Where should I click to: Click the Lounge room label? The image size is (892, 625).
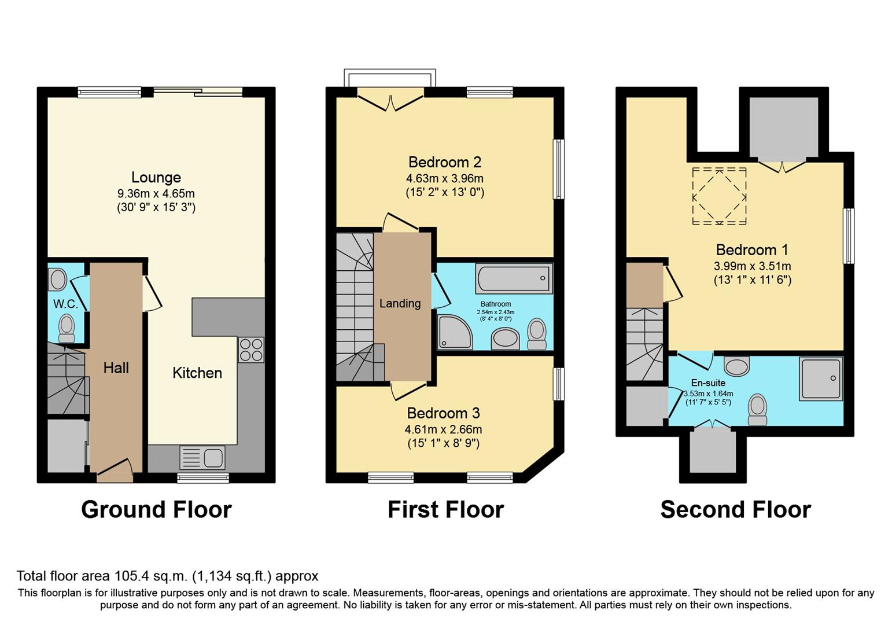tap(156, 177)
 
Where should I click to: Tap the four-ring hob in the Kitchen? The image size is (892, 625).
tap(251, 350)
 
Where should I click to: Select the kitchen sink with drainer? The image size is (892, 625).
tap(202, 457)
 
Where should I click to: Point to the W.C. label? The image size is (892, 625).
tap(66, 304)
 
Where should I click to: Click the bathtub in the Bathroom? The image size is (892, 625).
tap(514, 278)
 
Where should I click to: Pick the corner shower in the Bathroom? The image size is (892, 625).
tap(455, 332)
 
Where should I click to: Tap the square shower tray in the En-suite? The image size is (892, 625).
tap(821, 378)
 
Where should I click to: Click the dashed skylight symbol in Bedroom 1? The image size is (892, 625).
tap(719, 196)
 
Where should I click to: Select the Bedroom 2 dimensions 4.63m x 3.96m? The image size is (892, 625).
tap(445, 178)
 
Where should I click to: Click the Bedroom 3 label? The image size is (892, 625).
tap(443, 413)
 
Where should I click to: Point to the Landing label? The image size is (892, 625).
tap(400, 304)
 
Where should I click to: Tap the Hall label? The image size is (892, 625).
tap(116, 367)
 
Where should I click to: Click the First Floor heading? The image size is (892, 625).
tap(445, 509)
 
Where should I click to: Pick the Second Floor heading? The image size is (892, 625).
tap(735, 509)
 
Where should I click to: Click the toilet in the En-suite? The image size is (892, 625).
tap(757, 410)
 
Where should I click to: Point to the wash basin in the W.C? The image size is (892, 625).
tap(58, 280)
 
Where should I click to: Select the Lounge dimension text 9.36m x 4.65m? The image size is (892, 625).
tap(156, 194)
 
